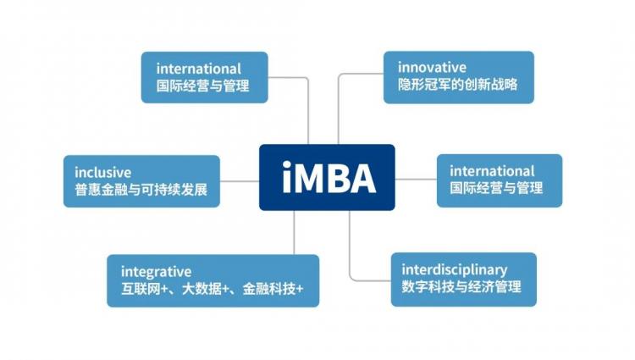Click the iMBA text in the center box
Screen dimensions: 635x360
[x=329, y=177]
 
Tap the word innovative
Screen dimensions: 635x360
[x=432, y=67]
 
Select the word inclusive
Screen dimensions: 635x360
[x=102, y=173]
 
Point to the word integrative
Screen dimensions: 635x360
[x=156, y=272]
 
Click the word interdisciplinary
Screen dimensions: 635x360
[x=455, y=270]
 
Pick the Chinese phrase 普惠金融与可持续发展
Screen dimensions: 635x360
[x=141, y=190]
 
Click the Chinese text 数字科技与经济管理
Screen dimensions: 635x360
[x=461, y=287]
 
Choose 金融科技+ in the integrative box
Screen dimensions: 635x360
[x=273, y=289]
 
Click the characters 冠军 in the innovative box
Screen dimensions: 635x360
[x=438, y=84]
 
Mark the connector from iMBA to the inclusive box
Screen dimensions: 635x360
[x=240, y=181]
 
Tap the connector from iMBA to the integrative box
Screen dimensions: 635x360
[x=294, y=232]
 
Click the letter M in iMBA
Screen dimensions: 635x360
[x=313, y=178]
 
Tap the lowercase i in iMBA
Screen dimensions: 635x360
[x=287, y=177]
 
